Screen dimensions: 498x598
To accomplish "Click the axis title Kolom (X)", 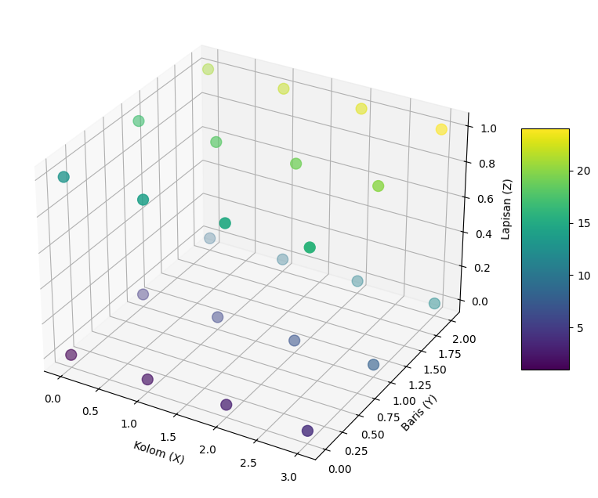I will pyautogui.click(x=158, y=453).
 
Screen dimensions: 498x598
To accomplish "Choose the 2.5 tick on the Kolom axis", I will pyautogui.click(x=248, y=463).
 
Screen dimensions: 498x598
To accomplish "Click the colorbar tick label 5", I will pyautogui.click(x=580, y=327).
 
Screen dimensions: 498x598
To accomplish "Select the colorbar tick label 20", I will pyautogui.click(x=583, y=171).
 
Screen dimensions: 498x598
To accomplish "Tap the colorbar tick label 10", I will pyautogui.click(x=583, y=276).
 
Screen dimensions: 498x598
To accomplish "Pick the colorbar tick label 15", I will pyautogui.click(x=583, y=223).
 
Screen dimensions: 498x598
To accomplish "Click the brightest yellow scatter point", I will pyautogui.click(x=441, y=129).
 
